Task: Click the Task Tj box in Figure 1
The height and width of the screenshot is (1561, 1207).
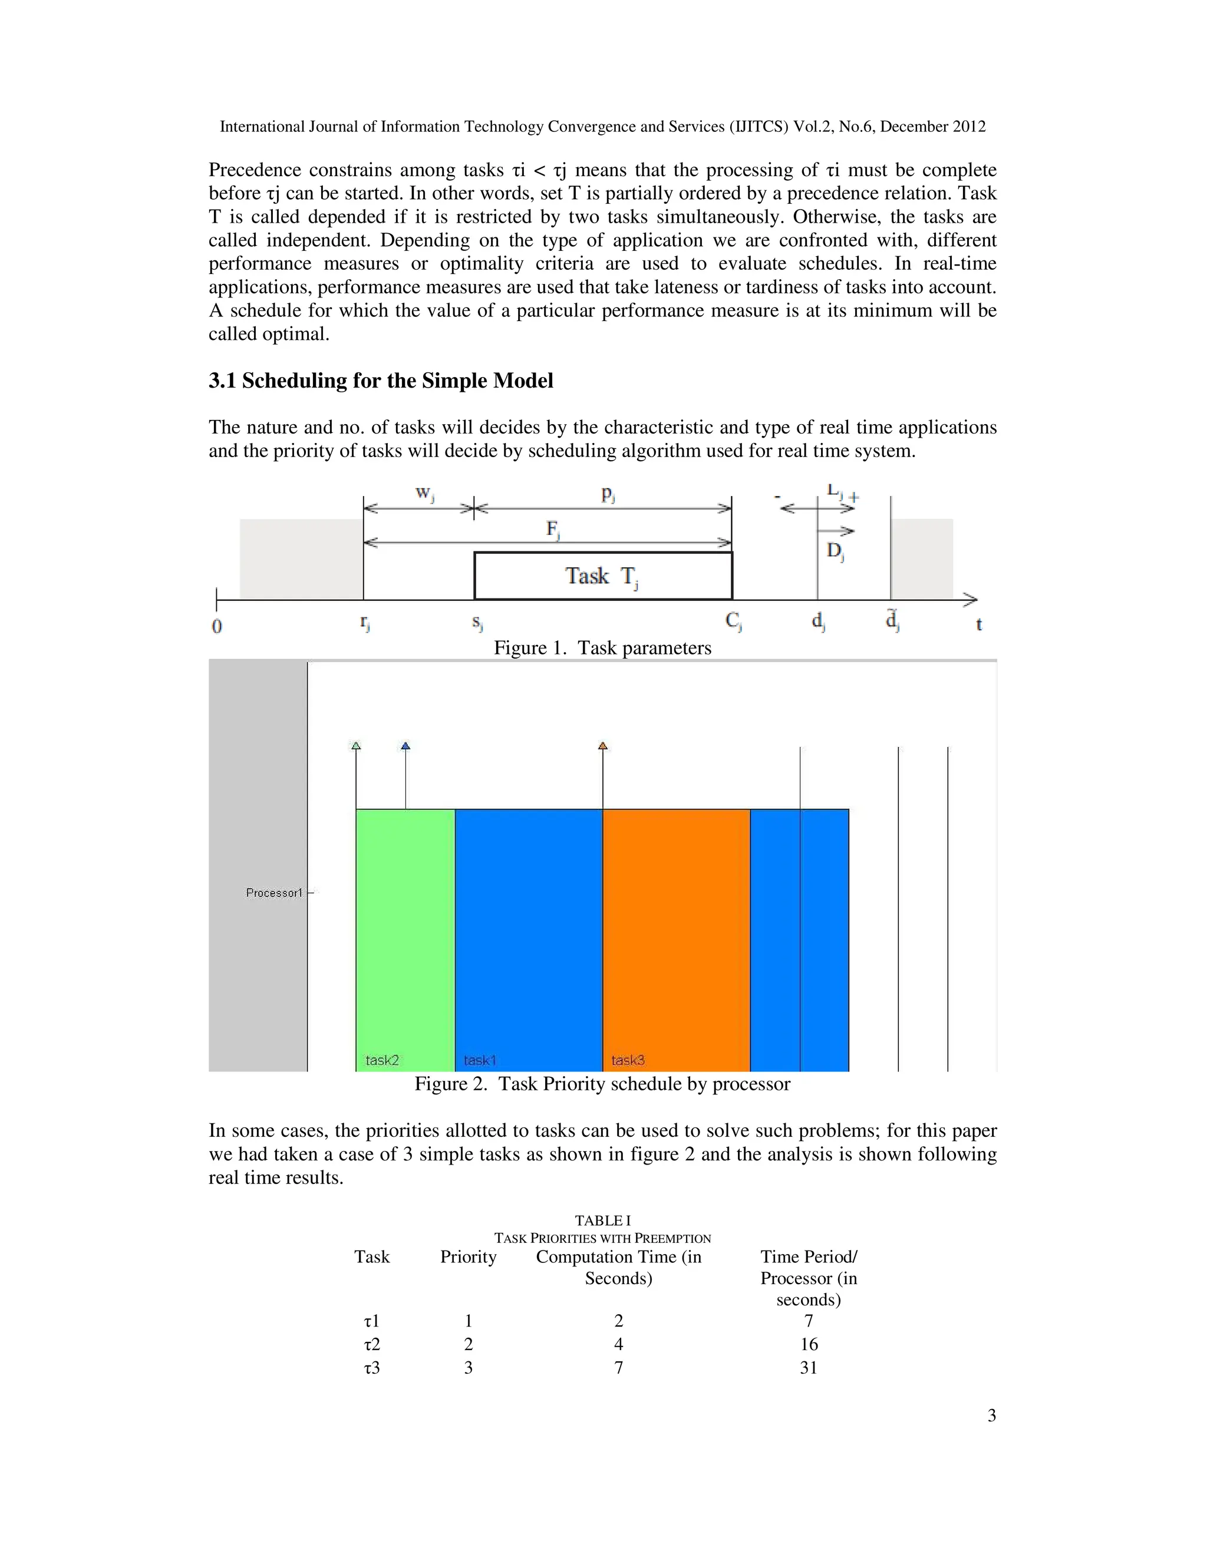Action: (603, 576)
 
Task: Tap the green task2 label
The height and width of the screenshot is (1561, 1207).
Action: (382, 1060)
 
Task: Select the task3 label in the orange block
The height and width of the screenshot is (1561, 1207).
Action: (627, 1060)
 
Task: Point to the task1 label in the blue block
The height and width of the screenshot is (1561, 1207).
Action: (479, 1060)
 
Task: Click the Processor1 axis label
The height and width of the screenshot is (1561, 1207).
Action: (274, 892)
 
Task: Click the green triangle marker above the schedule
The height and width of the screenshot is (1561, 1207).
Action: (356, 746)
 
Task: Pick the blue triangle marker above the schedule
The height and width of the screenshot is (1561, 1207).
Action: (405, 746)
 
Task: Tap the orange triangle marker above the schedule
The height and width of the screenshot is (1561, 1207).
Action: (603, 746)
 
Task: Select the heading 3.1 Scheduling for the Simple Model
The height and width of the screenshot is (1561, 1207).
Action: (380, 381)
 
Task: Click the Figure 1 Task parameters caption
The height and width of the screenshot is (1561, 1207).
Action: (602, 649)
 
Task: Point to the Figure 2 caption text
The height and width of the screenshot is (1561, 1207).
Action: (602, 1084)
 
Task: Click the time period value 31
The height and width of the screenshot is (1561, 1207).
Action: (808, 1368)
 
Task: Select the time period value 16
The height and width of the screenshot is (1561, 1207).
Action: (808, 1344)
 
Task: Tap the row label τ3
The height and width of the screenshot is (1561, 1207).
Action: (372, 1368)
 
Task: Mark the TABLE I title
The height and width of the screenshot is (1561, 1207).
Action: (602, 1221)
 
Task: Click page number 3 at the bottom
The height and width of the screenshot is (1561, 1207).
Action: (991, 1416)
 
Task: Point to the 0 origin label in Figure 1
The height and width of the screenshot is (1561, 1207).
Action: (217, 627)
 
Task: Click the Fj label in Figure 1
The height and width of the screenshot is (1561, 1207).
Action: (553, 530)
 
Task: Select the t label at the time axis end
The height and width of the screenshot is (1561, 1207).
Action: (979, 624)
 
